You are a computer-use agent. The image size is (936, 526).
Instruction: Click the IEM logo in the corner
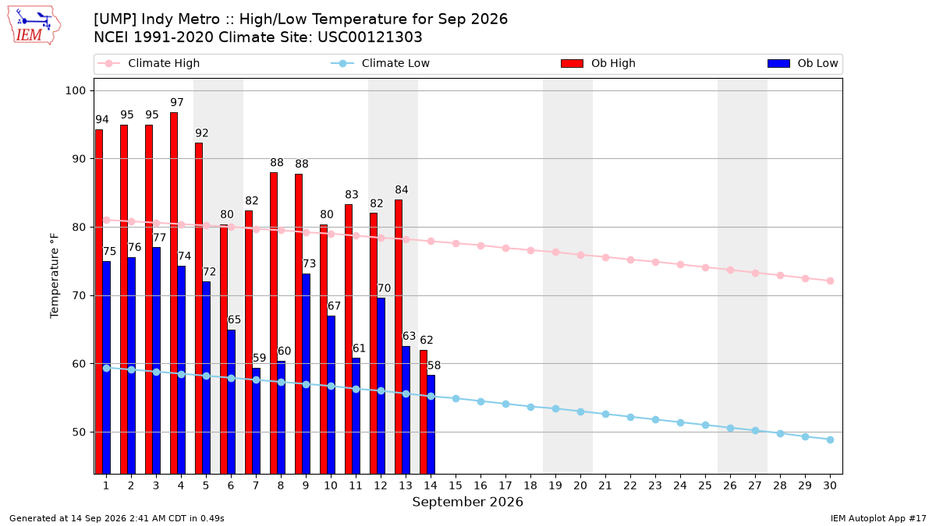[x=34, y=26]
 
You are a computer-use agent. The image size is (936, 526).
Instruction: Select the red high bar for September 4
[x=174, y=293]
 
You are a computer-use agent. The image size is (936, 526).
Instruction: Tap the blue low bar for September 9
[x=306, y=373]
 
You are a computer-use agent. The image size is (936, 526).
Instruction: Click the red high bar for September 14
[x=424, y=412]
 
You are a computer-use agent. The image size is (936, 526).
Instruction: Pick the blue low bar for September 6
[x=231, y=401]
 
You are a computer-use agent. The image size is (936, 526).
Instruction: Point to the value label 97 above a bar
[x=177, y=102]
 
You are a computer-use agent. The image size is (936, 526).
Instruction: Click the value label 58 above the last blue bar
[x=434, y=365]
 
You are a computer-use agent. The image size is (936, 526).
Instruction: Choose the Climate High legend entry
[x=149, y=63]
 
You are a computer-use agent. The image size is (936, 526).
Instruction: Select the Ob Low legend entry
[x=803, y=63]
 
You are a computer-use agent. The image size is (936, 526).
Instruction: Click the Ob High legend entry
[x=598, y=63]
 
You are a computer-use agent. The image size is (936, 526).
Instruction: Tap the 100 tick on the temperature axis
[x=75, y=90]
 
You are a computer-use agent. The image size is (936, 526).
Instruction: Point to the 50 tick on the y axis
[x=79, y=432]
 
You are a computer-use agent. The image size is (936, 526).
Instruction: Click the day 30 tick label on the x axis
[x=830, y=485]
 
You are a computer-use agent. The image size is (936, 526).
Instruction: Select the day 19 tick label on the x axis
[x=555, y=485]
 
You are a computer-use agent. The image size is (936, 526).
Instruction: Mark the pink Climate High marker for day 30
[x=830, y=281]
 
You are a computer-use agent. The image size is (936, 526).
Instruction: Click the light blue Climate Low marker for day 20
[x=580, y=411]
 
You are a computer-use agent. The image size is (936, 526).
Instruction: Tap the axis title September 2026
[x=467, y=502]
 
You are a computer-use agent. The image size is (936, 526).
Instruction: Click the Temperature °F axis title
[x=55, y=276]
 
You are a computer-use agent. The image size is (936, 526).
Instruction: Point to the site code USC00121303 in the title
[x=370, y=37]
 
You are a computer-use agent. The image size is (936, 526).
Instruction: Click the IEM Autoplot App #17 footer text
[x=878, y=518]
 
